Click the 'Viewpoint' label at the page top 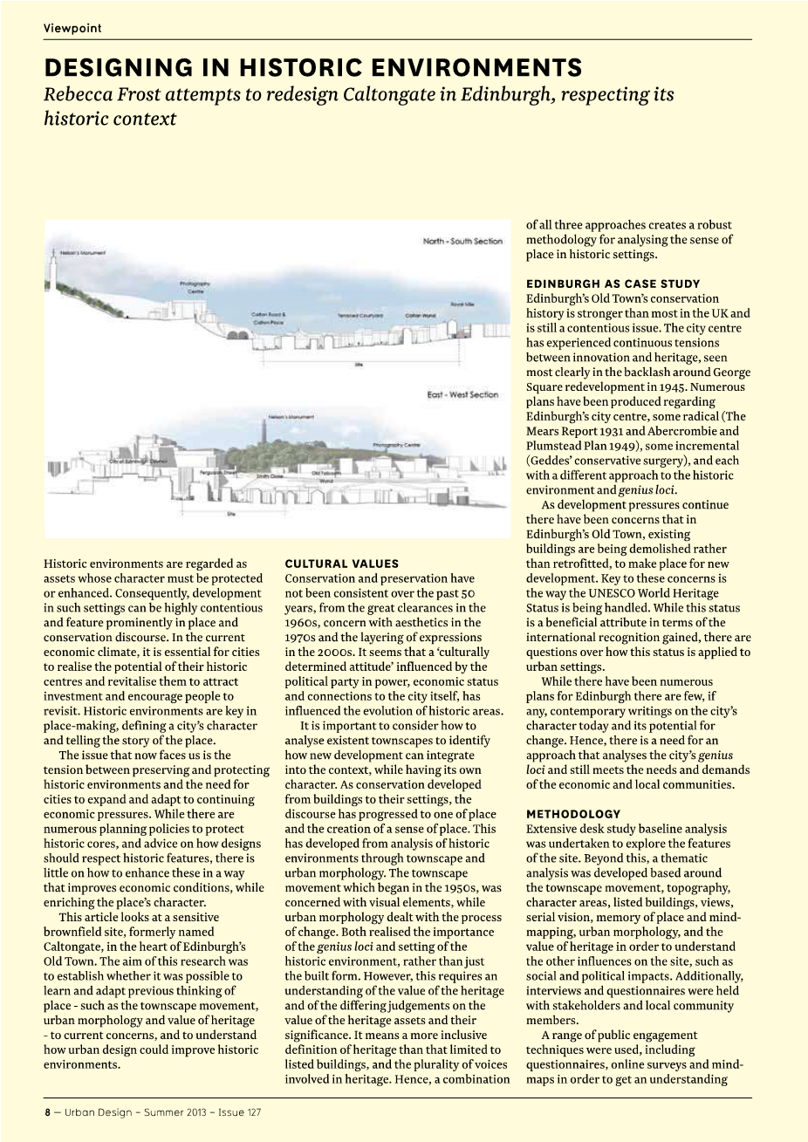coord(72,28)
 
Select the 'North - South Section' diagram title coord(462,241)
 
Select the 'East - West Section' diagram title coord(462,394)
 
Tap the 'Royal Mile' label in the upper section coord(462,304)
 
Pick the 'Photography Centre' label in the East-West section coord(396,445)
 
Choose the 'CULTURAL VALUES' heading coord(341,564)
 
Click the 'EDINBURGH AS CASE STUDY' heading coord(613,284)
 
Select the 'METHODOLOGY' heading coord(573,814)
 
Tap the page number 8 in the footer coord(48,1112)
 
